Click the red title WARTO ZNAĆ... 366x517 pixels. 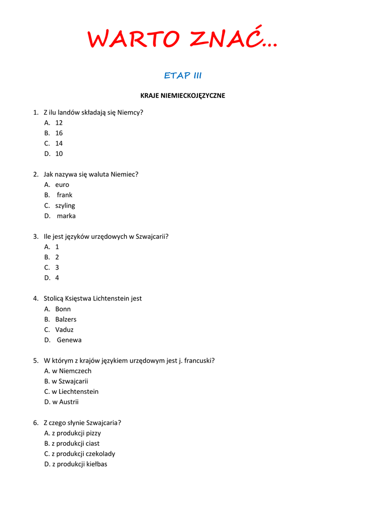pyautogui.click(x=182, y=39)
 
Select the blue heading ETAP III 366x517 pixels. pyautogui.click(x=183, y=76)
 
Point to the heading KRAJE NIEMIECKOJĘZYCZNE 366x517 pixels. pyautogui.click(x=182, y=95)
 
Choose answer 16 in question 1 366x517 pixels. pyautogui.click(x=59, y=133)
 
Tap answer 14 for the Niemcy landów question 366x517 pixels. pyautogui.click(x=59, y=143)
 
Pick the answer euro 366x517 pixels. pyautogui.click(x=62, y=185)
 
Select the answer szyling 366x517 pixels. pyautogui.click(x=65, y=205)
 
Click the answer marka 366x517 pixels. pyautogui.click(x=66, y=216)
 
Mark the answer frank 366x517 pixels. pyautogui.click(x=65, y=195)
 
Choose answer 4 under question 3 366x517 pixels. pyautogui.click(x=57, y=278)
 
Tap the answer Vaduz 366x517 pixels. pyautogui.click(x=64, y=330)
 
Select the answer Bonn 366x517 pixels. pyautogui.click(x=63, y=309)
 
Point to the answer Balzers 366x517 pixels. pyautogui.click(x=66, y=319)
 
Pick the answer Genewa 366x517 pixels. pyautogui.click(x=69, y=340)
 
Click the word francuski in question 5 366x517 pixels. pyautogui.click(x=198, y=360)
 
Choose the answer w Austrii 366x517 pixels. pyautogui.click(x=65, y=402)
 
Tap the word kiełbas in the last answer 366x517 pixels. pyautogui.click(x=96, y=464)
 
